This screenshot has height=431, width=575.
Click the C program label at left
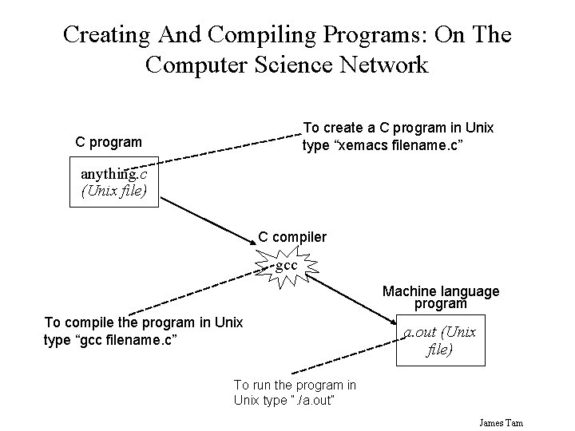[x=109, y=142]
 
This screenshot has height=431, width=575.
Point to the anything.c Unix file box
[x=113, y=183]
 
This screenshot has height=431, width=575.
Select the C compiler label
[x=291, y=237]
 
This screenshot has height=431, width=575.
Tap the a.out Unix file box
[x=438, y=341]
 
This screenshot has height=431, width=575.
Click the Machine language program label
[x=441, y=298]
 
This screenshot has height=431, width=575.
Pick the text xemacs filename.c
[x=383, y=144]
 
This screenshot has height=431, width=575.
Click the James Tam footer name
[x=501, y=422]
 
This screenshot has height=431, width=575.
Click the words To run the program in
[x=295, y=386]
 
